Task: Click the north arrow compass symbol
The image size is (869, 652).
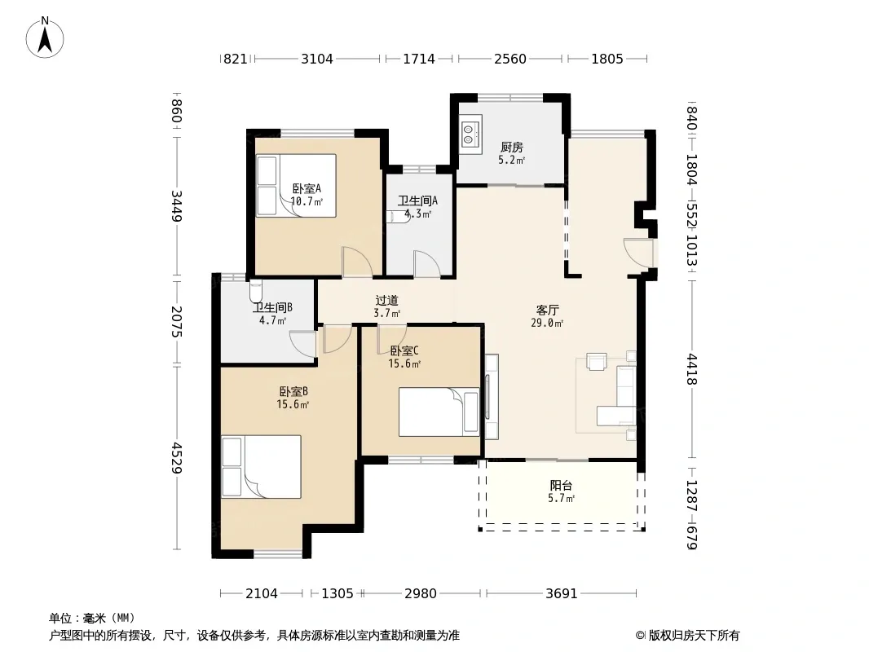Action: coord(45,37)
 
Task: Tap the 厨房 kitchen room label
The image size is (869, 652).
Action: coord(511,147)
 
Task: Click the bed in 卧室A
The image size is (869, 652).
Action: coord(297,185)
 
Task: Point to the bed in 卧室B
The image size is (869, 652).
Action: coord(261,466)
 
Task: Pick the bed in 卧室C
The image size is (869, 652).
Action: coord(439,412)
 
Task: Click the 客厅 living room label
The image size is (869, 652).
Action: coord(547,311)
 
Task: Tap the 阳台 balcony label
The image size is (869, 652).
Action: coord(561,485)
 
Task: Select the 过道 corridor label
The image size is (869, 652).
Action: coord(387,300)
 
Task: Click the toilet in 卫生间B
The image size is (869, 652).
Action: coord(255,290)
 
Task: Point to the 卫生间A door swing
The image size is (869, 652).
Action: coord(426,264)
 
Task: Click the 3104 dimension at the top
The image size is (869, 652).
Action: coord(317,59)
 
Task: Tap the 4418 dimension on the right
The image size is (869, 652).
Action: coord(691,369)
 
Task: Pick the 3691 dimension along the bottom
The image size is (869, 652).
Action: coord(562,593)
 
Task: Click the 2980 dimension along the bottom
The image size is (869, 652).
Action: coord(421,593)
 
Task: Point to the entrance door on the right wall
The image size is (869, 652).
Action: coord(638,252)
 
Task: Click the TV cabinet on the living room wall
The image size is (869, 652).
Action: coord(492,397)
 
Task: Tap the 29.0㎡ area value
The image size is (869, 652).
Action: coord(547,323)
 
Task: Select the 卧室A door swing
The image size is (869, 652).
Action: coord(357,262)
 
